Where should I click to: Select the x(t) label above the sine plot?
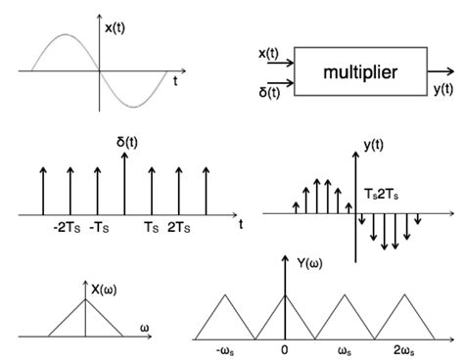click(116, 27)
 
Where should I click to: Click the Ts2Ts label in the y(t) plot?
click(382, 194)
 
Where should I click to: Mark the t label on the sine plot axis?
click(174, 81)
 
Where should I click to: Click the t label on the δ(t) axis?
click(240, 225)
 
